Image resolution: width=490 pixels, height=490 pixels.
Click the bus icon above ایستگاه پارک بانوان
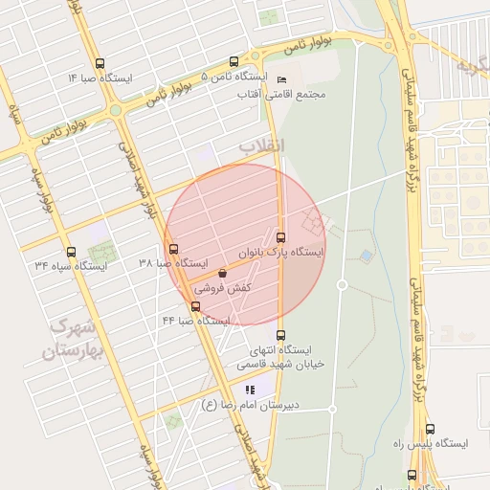[x=280, y=237]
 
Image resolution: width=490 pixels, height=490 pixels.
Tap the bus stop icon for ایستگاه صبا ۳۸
[x=173, y=250]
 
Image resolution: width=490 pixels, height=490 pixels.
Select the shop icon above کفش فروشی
[x=223, y=273]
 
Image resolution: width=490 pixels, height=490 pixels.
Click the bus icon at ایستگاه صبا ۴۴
[x=196, y=307]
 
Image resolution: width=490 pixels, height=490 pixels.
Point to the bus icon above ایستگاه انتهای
[x=280, y=335]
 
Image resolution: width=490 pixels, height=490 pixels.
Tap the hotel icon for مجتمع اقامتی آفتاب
[x=280, y=78]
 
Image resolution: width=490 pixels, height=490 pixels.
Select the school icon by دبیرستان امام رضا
[x=250, y=390]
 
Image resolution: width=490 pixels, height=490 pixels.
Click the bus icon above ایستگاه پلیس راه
[x=430, y=430]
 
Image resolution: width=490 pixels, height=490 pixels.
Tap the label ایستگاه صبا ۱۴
[x=100, y=77]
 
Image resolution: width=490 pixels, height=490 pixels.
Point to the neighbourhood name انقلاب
[x=261, y=145]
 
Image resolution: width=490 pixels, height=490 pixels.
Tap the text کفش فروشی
[x=223, y=287]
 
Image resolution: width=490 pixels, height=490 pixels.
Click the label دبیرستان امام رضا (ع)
[x=250, y=405]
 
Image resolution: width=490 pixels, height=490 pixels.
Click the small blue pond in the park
[x=367, y=256]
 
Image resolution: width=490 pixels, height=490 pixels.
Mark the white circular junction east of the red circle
[x=342, y=285]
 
